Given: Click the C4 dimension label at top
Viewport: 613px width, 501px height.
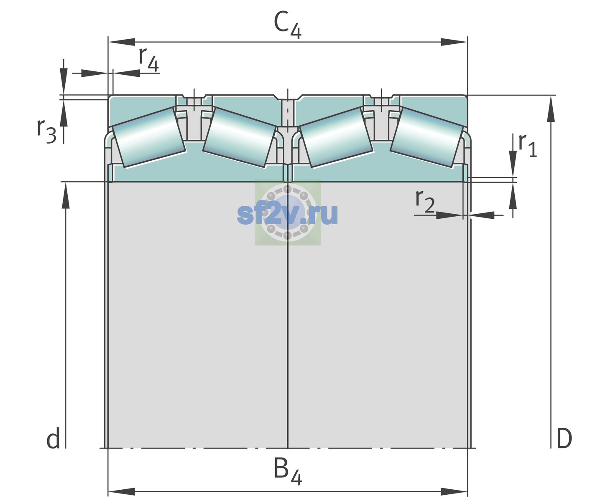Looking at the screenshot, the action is (287, 25).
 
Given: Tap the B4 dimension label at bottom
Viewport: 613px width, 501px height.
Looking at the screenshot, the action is (288, 471).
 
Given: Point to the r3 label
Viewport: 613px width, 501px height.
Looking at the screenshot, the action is (46, 131).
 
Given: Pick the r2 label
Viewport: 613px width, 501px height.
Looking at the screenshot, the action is (425, 201).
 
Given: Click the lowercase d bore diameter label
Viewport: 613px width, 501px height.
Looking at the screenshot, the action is (53, 438).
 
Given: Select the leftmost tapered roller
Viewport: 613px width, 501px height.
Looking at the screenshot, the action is (148, 137).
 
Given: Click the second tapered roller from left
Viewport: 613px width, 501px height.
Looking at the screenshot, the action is (240, 137).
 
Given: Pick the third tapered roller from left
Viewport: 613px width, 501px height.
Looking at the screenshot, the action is (336, 137).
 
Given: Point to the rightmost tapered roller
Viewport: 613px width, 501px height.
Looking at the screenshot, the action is (427, 137).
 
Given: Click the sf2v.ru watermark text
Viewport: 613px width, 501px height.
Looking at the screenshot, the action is (287, 214).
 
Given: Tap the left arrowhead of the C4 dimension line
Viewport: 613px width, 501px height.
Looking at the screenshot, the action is (122, 42).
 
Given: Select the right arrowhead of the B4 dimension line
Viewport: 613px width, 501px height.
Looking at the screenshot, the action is (454, 492).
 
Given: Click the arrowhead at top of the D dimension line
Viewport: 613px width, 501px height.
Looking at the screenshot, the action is (551, 109).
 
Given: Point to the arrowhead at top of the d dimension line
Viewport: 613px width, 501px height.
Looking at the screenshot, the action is (66, 195).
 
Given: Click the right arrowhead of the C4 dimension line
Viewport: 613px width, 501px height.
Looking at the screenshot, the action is (454, 42).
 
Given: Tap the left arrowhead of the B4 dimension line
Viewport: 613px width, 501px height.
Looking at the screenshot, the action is (122, 492).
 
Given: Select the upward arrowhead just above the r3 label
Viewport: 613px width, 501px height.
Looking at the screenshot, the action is (64, 113).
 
